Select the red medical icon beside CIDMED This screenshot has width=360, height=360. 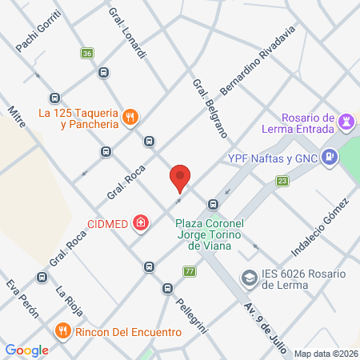point(141,222)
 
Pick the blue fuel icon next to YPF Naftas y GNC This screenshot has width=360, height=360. point(329,158)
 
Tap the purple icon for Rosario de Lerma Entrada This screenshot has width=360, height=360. point(346,122)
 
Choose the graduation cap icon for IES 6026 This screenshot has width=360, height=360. point(250,277)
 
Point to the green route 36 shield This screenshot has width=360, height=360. point(86,53)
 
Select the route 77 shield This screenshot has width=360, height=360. point(189,271)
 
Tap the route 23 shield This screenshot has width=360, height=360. point(282,182)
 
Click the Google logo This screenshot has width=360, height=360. point(26,350)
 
